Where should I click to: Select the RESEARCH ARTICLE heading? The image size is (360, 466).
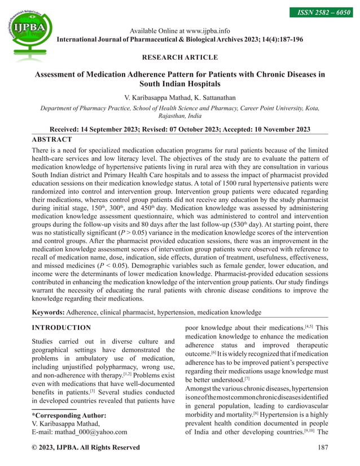click(180, 57)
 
